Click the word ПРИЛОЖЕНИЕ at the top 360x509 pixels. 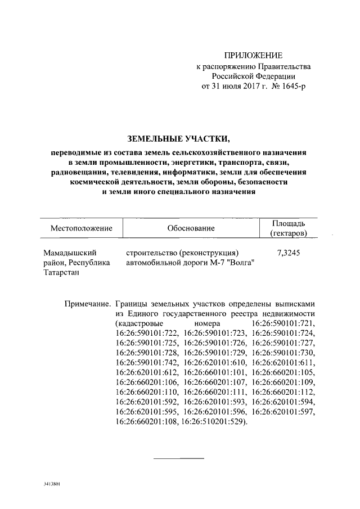tap(253, 55)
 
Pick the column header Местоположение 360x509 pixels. tap(82, 229)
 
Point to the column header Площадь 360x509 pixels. tap(289, 224)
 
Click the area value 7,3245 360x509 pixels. tap(289, 253)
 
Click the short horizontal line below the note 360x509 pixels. tap(179, 458)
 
